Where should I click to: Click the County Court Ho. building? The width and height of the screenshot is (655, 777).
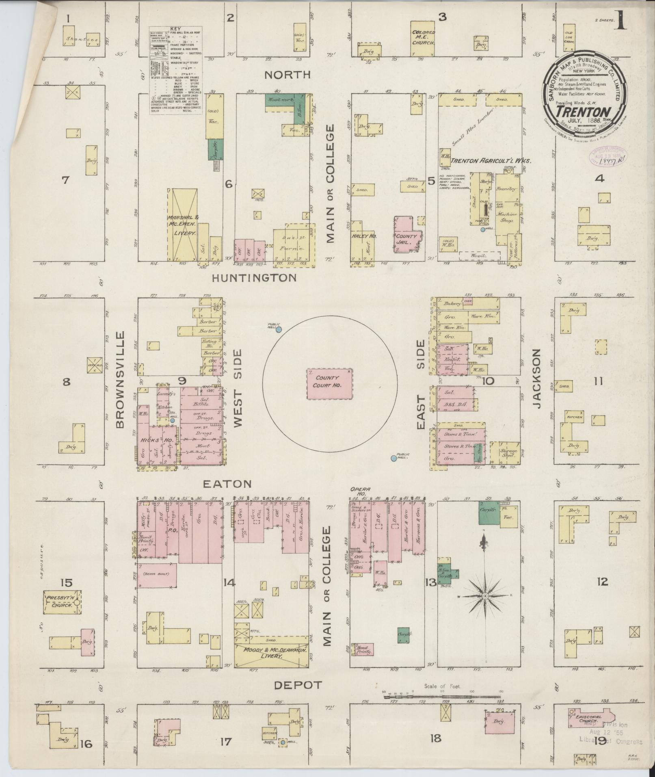(329, 383)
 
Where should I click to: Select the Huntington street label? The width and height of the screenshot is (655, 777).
(254, 278)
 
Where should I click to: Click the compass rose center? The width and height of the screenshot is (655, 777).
(484, 596)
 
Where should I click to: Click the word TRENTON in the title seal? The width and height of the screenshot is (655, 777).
(583, 111)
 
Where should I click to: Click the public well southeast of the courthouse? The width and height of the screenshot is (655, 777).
(393, 458)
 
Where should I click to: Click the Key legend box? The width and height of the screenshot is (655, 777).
(176, 70)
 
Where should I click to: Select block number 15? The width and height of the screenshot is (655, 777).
(66, 583)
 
